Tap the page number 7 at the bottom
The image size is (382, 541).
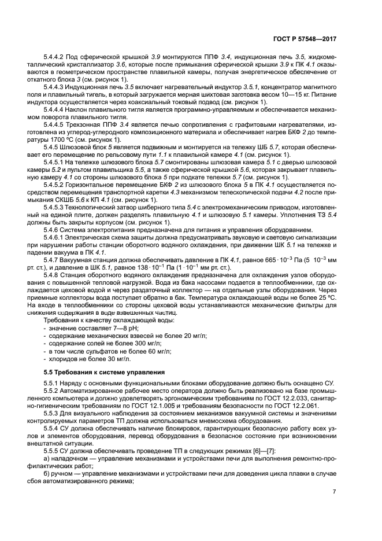click(334, 507)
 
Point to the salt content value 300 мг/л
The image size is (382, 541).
click(145, 343)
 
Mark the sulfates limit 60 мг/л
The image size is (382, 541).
click(155, 351)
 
